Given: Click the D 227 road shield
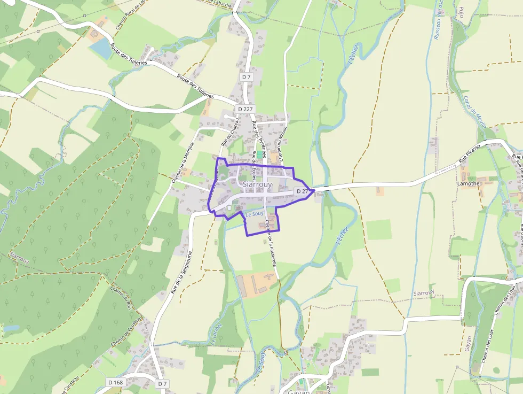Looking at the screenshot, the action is point(246,109).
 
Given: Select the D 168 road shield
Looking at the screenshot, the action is point(115,382).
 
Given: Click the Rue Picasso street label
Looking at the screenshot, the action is point(470,153).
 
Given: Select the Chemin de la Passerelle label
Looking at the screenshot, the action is point(271,243).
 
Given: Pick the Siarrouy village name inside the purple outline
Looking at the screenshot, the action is point(257,184).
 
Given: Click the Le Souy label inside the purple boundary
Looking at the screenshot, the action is point(255,214).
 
